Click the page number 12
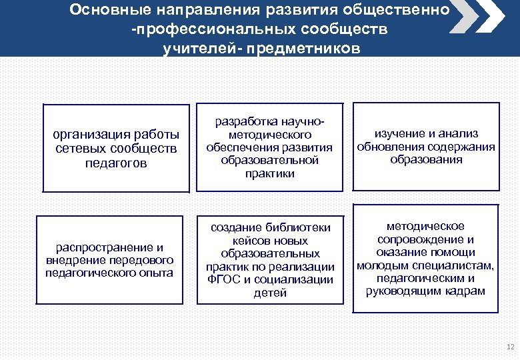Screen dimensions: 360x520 tap(510, 347)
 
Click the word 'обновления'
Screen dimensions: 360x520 tap(387, 147)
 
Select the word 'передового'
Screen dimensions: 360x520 tap(143, 259)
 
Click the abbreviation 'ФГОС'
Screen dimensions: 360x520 tap(226, 279)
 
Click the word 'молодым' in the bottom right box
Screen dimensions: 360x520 tap(380, 265)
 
